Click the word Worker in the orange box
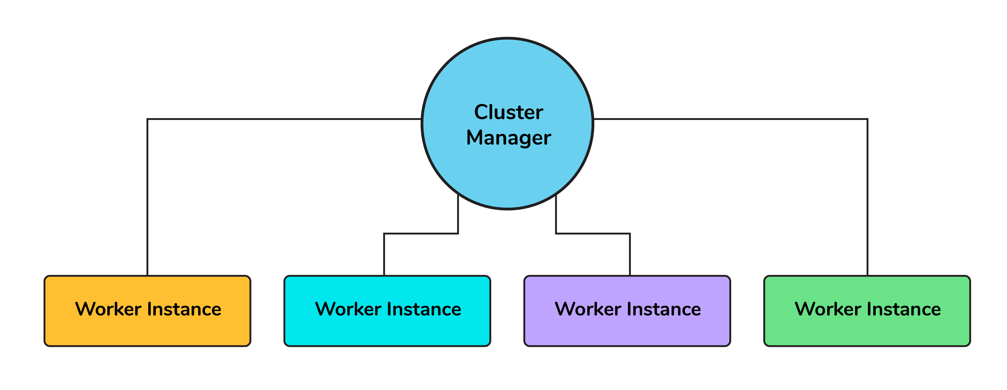108,309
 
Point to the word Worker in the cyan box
348,309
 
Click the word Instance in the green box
904,309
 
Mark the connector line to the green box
868,195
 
